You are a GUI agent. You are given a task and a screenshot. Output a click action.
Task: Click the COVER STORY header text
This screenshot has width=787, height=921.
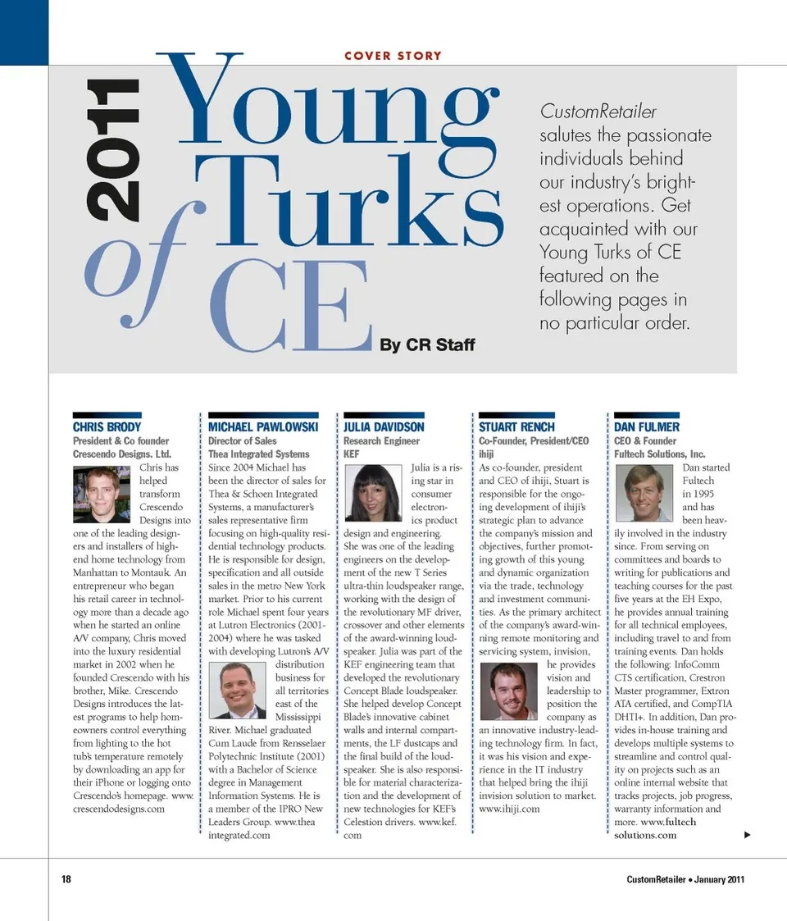pos(393,56)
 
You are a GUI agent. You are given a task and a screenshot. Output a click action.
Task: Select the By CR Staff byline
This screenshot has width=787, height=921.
pos(426,344)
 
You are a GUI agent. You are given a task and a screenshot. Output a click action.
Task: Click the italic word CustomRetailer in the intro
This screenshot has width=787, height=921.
pos(598,112)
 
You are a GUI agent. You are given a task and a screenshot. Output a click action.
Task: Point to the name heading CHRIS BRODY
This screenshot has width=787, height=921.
pos(107,426)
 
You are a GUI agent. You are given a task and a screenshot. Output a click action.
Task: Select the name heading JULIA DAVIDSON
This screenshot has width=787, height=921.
pos(384,426)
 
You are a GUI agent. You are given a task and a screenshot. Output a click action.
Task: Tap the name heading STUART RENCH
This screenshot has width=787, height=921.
pos(516,426)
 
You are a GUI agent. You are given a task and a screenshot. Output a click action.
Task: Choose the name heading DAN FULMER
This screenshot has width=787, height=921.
pos(647,426)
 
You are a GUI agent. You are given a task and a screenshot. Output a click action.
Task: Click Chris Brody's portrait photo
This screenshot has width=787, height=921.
pos(102,495)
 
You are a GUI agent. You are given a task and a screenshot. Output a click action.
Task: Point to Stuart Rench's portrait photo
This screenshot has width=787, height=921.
pos(509,691)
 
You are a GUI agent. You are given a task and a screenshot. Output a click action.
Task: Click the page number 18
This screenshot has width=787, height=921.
pos(66,879)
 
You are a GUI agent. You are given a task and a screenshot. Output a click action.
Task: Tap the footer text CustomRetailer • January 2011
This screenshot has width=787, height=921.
pos(685,879)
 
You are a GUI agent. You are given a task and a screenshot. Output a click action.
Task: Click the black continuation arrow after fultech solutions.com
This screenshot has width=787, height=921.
pos(747,835)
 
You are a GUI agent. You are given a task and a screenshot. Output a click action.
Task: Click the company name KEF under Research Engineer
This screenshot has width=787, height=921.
pos(352,454)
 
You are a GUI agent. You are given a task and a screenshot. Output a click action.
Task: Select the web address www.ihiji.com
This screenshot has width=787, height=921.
pos(509,809)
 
